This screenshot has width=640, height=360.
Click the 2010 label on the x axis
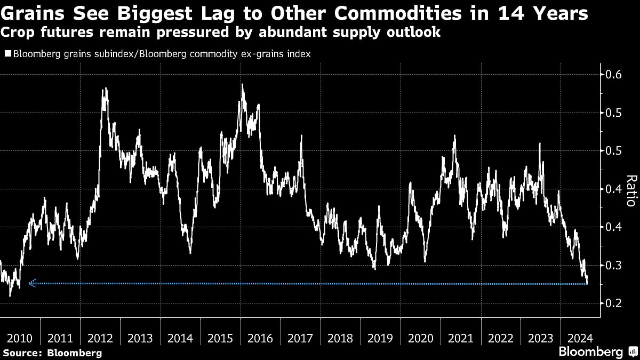[20, 338]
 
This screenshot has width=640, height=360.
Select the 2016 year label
[260, 338]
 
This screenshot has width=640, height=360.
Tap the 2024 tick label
[580, 338]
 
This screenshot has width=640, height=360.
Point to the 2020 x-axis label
[420, 338]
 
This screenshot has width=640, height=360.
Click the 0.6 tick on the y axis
[611, 75]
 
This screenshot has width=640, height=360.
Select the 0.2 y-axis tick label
[611, 303]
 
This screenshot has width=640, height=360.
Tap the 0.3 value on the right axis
[611, 265]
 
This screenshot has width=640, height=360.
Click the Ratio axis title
[630, 190]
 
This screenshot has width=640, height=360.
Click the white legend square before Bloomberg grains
[7, 54]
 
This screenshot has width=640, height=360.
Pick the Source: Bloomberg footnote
[52, 353]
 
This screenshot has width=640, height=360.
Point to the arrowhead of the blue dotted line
[31, 284]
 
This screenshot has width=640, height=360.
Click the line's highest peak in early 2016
[242, 84]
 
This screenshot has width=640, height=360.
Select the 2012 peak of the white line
[105, 89]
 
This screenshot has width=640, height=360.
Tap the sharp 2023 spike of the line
[540, 143]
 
